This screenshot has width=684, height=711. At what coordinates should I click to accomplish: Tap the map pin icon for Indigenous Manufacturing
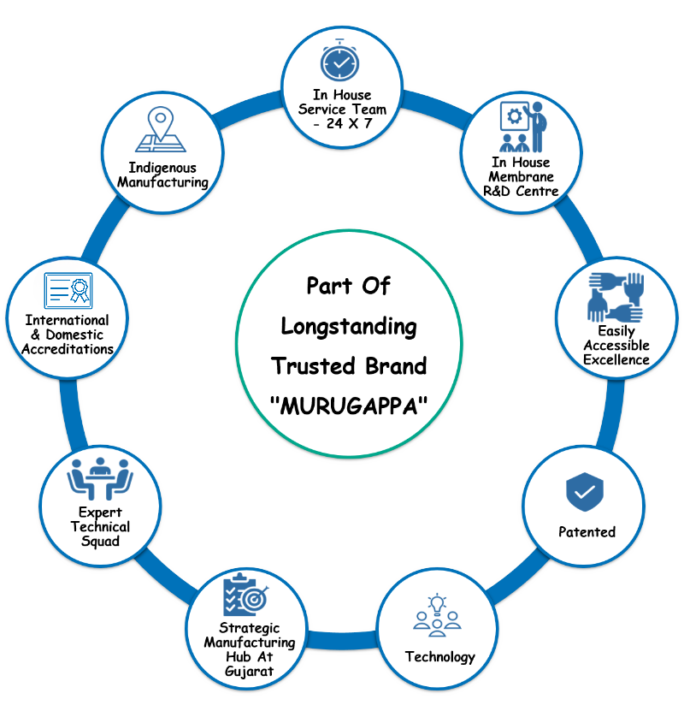coord(160,129)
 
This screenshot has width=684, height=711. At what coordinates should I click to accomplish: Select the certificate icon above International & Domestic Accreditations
coord(68,291)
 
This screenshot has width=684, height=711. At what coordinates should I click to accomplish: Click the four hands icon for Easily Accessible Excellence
coord(616,297)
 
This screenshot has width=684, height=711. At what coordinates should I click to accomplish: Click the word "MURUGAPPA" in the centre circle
coord(348,406)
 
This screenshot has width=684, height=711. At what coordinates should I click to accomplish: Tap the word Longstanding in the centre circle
coord(349,326)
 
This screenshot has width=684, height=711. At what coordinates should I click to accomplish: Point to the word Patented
coord(587,532)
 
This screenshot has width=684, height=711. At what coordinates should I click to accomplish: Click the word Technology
coord(439,657)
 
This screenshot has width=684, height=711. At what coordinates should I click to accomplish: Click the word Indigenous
coord(162,168)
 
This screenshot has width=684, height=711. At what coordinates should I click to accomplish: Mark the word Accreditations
coord(68,349)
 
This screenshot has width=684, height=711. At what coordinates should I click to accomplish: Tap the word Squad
coord(100,542)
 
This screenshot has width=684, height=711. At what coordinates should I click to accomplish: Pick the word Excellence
coord(616,359)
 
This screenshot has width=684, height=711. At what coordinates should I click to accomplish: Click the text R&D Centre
coord(520,190)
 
